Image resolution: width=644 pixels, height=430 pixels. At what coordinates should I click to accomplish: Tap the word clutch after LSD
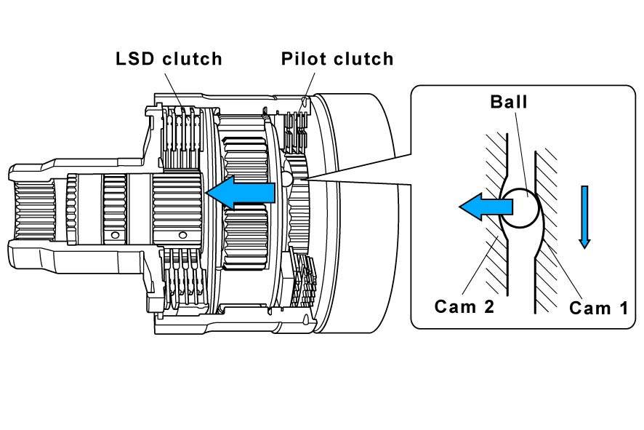pos(192,59)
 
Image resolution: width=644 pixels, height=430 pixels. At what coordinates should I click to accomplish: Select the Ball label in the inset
pos(509,102)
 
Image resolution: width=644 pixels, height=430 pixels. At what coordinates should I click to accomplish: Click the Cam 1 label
pos(598,308)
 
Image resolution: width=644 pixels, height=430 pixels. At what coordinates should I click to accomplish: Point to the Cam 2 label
pos(464,306)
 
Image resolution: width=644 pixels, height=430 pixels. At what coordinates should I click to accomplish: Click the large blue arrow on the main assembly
pos(241,192)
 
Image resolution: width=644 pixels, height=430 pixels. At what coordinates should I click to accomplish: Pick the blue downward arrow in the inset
pos(584,217)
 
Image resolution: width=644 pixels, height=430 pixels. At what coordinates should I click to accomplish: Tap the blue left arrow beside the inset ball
pos(486,207)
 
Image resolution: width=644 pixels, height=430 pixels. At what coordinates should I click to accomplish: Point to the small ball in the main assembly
pos(286,178)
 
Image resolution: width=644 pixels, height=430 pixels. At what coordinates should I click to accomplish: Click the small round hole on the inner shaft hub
pos(182,235)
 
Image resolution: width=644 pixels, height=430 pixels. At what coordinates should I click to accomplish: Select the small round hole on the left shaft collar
pos(116,235)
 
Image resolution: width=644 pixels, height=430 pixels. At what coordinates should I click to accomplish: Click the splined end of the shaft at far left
pos(35,211)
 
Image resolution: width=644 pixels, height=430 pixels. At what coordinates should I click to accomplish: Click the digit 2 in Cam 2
pos(488,306)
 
